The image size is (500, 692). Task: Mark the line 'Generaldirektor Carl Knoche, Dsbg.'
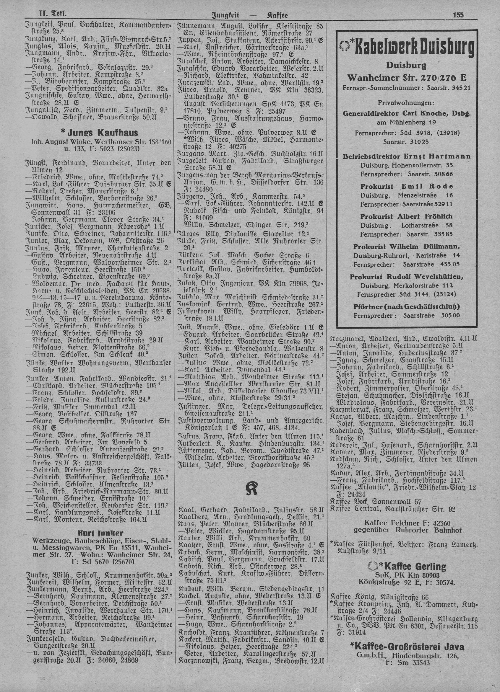coord(406,113)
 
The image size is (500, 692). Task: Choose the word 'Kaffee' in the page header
coord(277,15)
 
